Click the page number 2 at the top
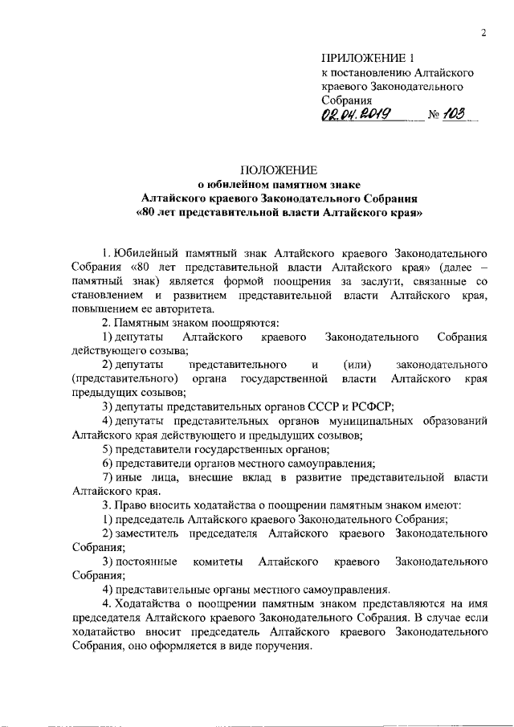(484, 33)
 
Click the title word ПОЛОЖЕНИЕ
(279, 169)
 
